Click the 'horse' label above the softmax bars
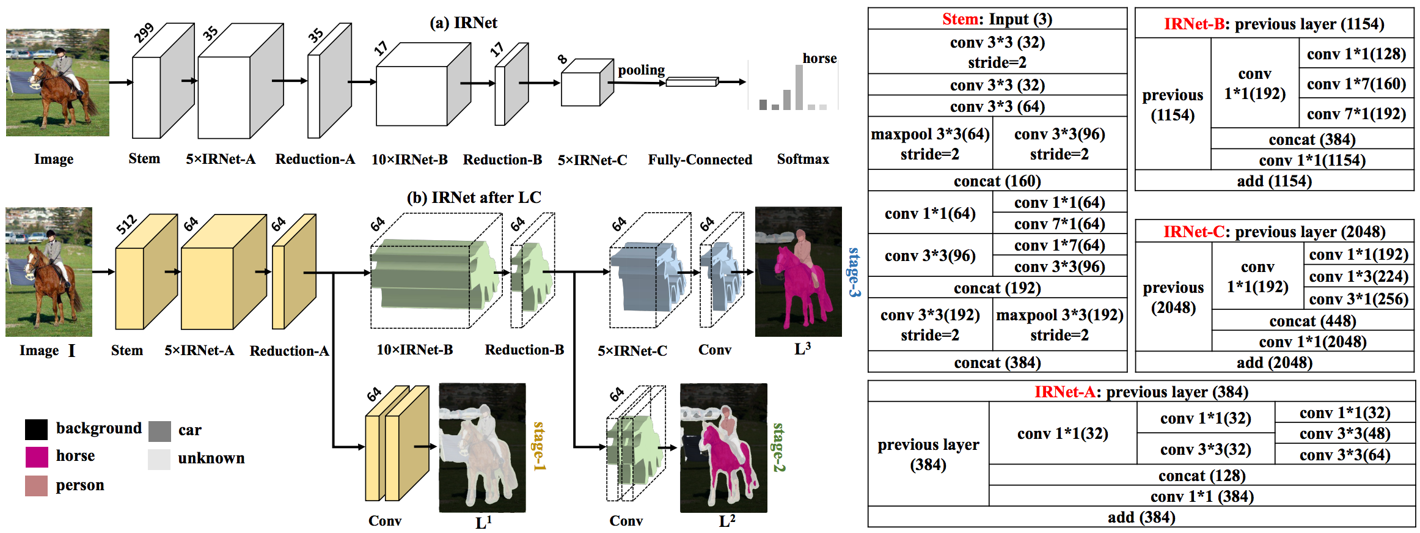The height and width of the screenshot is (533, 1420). tap(819, 59)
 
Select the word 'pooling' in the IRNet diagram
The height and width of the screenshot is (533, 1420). tap(641, 70)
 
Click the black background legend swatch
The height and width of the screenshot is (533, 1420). tap(36, 430)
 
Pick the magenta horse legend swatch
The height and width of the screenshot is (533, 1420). tap(36, 457)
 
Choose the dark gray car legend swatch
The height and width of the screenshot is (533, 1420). tap(159, 431)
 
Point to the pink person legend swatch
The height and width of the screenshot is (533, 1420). tap(36, 485)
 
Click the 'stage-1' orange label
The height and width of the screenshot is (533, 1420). tap(539, 446)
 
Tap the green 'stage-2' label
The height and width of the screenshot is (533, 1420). tap(778, 447)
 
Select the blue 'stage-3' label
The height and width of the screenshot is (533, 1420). tap(854, 273)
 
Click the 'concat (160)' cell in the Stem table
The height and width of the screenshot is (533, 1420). tap(997, 181)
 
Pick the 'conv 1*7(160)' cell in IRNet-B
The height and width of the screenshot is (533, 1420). tap(1356, 84)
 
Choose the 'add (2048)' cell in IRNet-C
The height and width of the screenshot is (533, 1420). tap(1275, 362)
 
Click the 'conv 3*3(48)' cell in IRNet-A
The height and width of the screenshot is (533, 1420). tap(1345, 434)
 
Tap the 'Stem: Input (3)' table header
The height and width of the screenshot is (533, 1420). tap(997, 19)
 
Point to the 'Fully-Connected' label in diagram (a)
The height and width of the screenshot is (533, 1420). tap(700, 160)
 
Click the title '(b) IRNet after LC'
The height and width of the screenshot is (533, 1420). tap(474, 197)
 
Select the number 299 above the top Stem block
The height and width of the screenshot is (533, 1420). tap(144, 33)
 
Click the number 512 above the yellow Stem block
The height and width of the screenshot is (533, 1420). tap(126, 224)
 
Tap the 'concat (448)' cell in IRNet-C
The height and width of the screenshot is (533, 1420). tap(1312, 321)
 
